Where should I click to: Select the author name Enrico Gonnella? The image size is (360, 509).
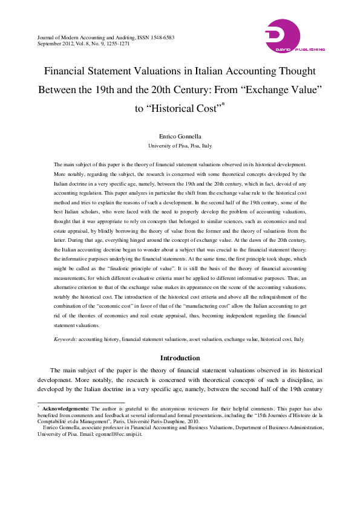180,137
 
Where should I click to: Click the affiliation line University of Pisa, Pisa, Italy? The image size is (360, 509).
180,146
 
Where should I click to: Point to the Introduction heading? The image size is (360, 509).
180,358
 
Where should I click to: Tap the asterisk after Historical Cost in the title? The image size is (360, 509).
223,105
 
